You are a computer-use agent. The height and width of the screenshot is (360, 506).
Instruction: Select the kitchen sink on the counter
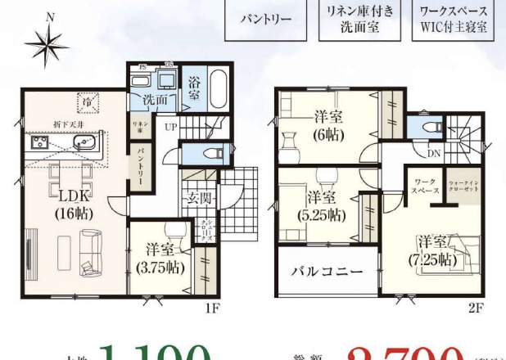[x=84, y=144]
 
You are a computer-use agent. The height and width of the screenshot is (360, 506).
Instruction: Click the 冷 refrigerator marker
[x=86, y=101]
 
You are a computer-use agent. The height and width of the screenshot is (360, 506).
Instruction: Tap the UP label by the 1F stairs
[x=170, y=127]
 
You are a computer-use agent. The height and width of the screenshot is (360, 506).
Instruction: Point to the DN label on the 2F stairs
[x=434, y=153]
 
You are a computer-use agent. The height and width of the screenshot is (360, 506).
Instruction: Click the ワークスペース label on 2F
[x=424, y=183]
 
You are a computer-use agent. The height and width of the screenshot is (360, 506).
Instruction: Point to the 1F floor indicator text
[x=211, y=308]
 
